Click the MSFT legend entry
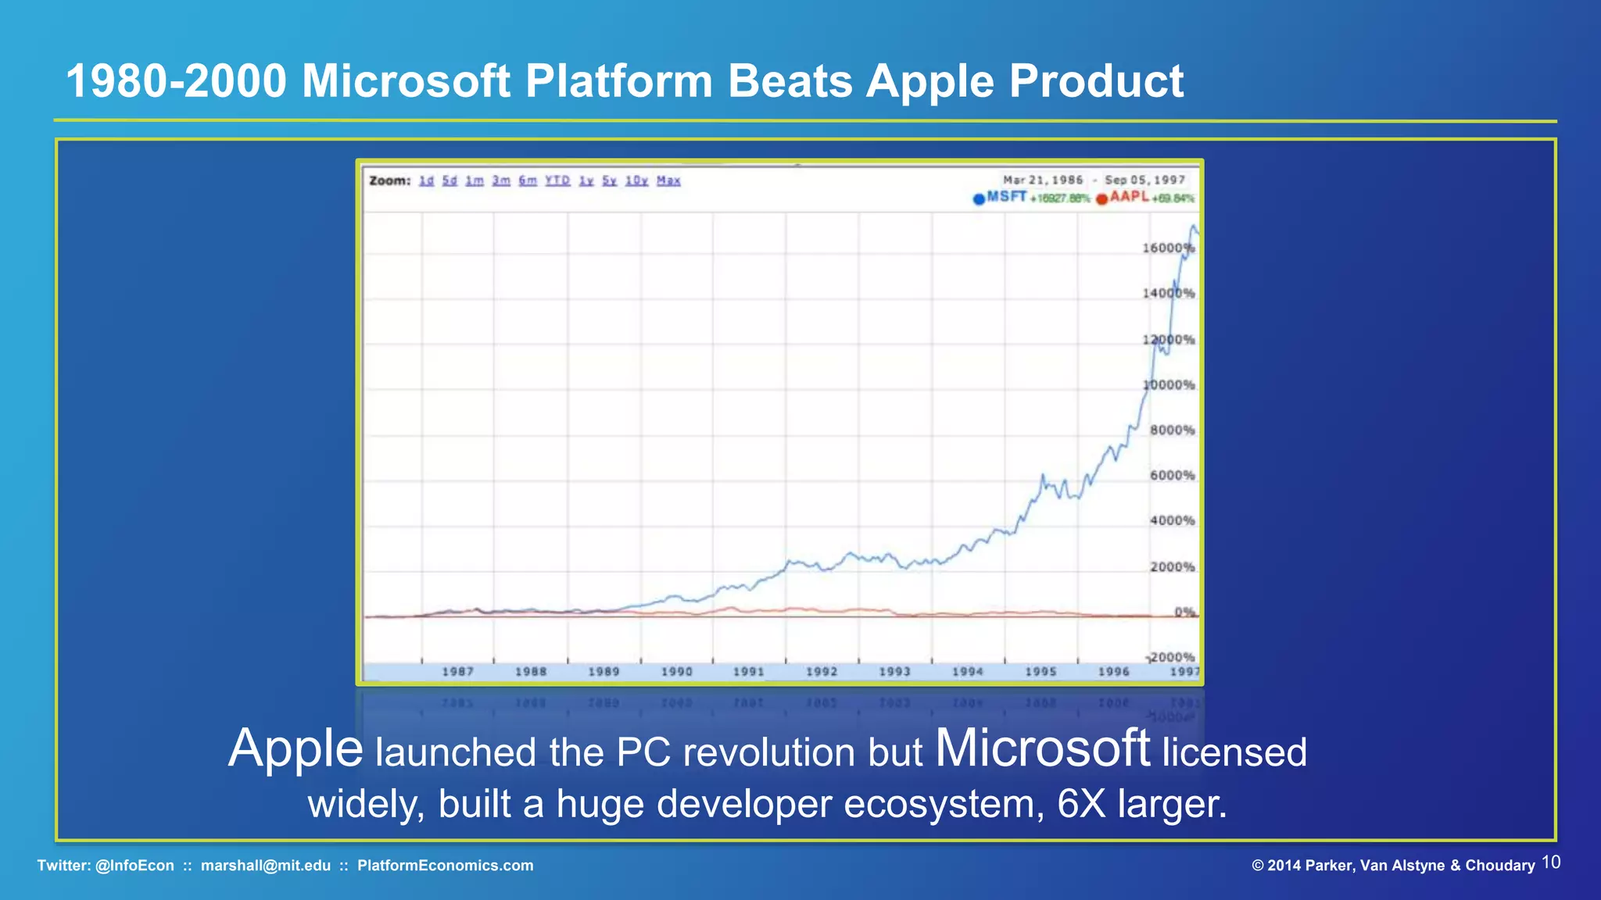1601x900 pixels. click(1006, 197)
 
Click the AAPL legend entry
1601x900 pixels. click(1129, 197)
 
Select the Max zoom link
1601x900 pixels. click(668, 180)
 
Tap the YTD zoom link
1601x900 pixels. click(557, 180)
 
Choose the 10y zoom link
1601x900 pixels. click(636, 180)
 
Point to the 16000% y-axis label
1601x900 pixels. click(1168, 248)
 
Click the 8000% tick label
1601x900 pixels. click(1172, 430)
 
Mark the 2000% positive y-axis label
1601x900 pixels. click(1172, 566)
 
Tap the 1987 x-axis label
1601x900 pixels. click(457, 672)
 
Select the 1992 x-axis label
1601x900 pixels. click(822, 672)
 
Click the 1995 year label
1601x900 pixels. click(1040, 672)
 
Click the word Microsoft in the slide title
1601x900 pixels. click(406, 81)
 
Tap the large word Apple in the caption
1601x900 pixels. click(295, 748)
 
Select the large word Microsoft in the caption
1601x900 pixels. click(1042, 748)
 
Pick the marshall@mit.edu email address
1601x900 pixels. click(266, 866)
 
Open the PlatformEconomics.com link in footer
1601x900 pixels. click(446, 866)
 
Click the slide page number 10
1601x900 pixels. click(1551, 862)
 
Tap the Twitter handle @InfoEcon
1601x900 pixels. click(134, 866)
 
